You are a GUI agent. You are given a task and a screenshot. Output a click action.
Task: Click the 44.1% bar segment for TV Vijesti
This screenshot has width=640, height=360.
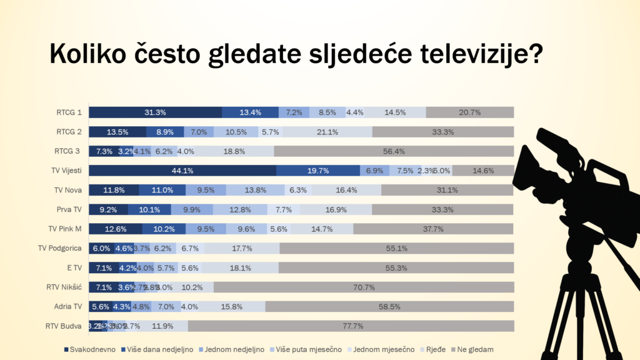pyautogui.click(x=182, y=171)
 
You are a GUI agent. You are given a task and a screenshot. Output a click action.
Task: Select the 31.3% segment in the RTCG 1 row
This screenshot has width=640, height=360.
pyautogui.click(x=155, y=112)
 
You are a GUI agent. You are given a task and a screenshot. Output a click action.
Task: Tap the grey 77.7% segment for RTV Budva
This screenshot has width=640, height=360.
pyautogui.click(x=351, y=326)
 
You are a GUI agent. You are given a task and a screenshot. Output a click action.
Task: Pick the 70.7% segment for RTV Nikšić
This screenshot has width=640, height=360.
pyautogui.click(x=364, y=287)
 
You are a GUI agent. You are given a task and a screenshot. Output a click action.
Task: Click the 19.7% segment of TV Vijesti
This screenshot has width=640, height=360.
pyautogui.click(x=317, y=171)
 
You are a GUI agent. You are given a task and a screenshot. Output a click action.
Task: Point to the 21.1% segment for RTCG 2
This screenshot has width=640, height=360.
pyautogui.click(x=327, y=132)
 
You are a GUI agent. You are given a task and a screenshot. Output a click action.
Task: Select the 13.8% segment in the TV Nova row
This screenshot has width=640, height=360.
pyautogui.click(x=255, y=190)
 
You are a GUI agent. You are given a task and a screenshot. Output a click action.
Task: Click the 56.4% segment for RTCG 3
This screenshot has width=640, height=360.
pyautogui.click(x=394, y=151)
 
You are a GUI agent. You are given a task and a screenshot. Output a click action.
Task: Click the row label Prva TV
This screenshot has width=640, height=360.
pyautogui.click(x=69, y=209)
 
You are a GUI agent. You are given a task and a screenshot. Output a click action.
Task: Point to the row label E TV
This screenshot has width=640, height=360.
pyautogui.click(x=74, y=267)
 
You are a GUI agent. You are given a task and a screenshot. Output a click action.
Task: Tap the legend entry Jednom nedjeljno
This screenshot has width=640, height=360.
pyautogui.click(x=234, y=349)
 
